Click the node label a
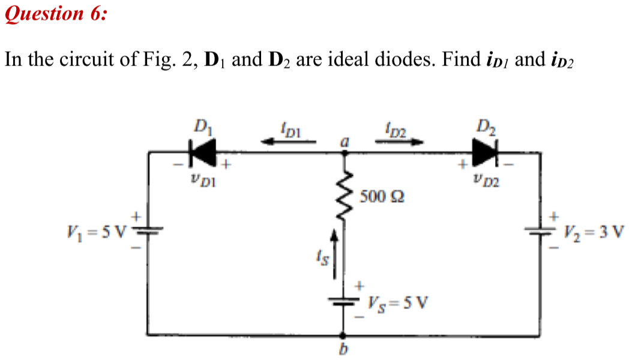pyautogui.click(x=344, y=142)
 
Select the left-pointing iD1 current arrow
pyautogui.click(x=288, y=142)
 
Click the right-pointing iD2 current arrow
pyautogui.click(x=399, y=142)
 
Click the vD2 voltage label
pyautogui.click(x=484, y=178)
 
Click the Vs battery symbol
pyautogui.click(x=344, y=301)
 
